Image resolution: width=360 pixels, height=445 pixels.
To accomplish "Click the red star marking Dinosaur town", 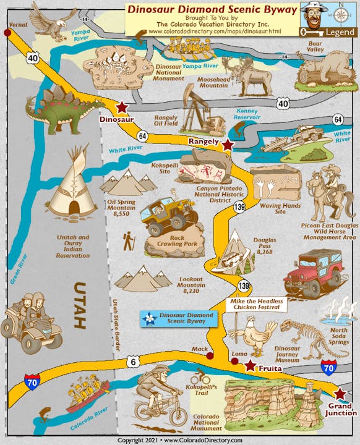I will point(121,107).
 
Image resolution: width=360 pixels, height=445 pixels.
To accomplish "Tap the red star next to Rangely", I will point(228,145).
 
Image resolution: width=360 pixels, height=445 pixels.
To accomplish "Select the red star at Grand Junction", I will point(340,394).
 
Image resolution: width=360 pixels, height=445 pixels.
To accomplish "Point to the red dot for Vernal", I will point(7,33).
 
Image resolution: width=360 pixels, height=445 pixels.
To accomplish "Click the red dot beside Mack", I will point(210,356).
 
